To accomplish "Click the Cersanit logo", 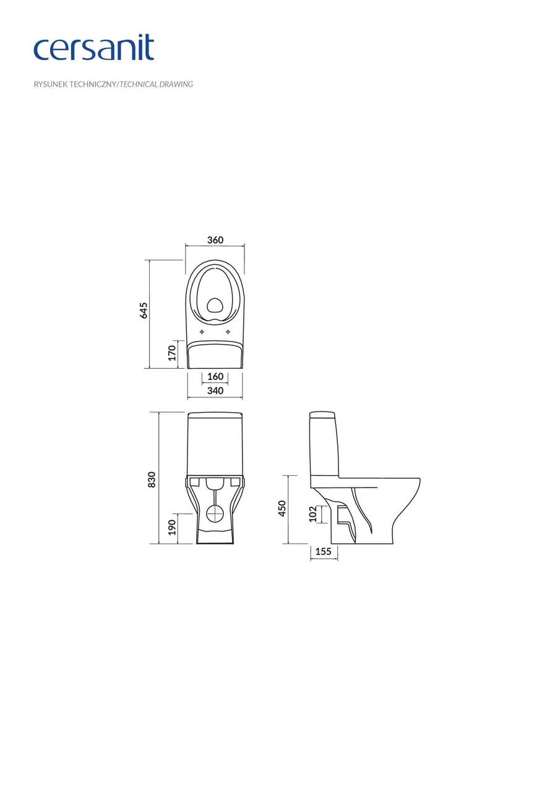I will (x=93, y=48).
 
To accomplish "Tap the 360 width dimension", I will (x=215, y=240).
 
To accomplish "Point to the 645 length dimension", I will (x=144, y=310).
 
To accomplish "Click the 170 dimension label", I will (x=173, y=353).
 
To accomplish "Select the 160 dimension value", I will (x=215, y=377).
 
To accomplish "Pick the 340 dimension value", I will (x=215, y=390).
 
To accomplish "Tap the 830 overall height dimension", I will (x=152, y=479).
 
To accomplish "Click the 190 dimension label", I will (x=173, y=527).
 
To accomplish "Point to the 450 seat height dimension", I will (x=282, y=508).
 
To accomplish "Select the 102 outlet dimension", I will (x=312, y=514).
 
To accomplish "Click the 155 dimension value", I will (x=324, y=551).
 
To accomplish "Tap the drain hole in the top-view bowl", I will (x=215, y=304).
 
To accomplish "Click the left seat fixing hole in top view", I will (x=202, y=332).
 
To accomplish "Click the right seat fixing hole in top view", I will (x=228, y=332).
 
